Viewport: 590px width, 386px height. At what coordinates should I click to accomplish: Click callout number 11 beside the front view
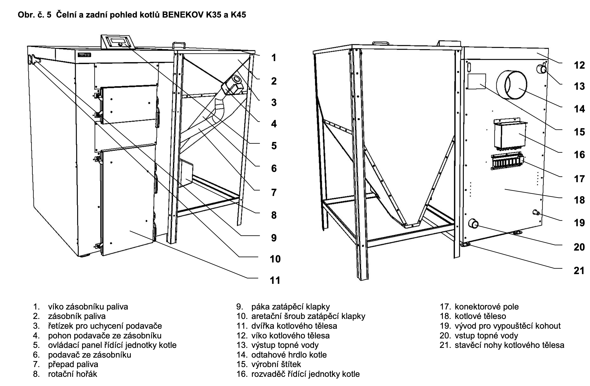coord(275,280)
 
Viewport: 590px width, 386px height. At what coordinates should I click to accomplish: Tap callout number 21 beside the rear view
coord(579,271)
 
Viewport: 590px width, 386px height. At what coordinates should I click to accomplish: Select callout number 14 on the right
coord(579,109)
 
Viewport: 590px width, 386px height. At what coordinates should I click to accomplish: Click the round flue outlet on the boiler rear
coord(512,85)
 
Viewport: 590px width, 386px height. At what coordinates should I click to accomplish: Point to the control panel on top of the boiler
coord(118,42)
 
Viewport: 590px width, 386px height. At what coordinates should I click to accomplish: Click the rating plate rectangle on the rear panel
coord(477,81)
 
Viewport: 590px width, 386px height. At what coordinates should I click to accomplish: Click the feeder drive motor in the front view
coord(232,84)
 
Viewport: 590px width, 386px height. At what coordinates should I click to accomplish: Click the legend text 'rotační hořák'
coord(73,374)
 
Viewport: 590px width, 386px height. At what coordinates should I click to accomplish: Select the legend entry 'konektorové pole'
coord(487,307)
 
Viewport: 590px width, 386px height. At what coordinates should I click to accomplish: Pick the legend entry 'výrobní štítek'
coord(276,364)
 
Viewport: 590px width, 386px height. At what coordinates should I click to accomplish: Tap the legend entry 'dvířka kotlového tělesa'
coord(294,326)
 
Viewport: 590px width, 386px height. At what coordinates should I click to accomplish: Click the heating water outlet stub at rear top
coord(542,69)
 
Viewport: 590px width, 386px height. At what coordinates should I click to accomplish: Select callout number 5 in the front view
coord(274,146)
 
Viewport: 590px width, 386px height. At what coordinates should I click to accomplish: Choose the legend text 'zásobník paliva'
coord(77,316)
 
